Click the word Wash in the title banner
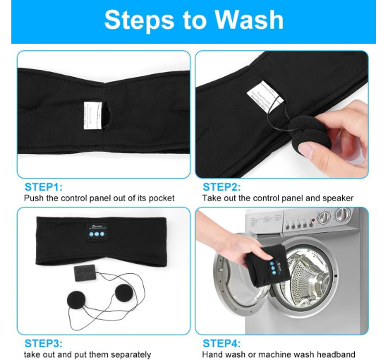pos(249,20)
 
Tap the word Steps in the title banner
pos(139,20)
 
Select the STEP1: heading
pos(44,187)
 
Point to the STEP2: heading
pos(222,187)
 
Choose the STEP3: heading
pos(44,343)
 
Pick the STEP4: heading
pos(222,343)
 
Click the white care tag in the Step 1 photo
pos(93,115)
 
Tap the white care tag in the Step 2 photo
pos(265,97)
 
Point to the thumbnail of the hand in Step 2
pos(307,150)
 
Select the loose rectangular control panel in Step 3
pos(85,273)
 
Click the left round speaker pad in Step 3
pos(76,300)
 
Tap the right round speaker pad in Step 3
pos(124,293)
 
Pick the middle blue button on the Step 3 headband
pos(97,234)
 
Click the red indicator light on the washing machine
pos(313,220)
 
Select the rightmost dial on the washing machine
pos(342,215)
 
